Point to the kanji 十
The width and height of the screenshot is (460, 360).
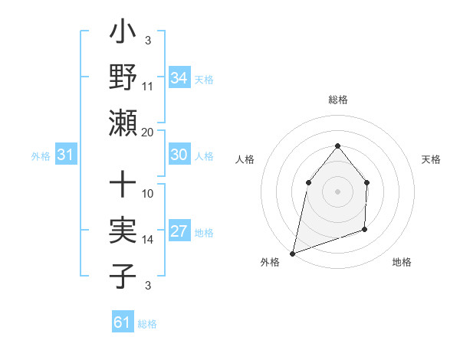click(123, 187)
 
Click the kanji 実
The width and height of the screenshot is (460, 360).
click(123, 231)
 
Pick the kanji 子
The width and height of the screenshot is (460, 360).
click(123, 276)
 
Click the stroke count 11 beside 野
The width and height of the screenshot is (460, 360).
click(148, 86)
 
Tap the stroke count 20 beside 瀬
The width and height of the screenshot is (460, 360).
click(148, 132)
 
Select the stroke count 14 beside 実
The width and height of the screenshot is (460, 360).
click(148, 240)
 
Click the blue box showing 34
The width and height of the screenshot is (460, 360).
click(179, 78)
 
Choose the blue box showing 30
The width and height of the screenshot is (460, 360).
click(179, 155)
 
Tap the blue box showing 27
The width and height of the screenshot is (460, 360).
click(179, 232)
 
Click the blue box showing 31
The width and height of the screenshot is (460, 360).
click(65, 155)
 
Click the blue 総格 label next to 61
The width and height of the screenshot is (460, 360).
click(147, 324)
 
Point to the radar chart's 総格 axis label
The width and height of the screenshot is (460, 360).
click(337, 100)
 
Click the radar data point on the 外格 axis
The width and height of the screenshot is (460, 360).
click(292, 253)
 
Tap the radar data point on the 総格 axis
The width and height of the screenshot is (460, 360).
click(337, 146)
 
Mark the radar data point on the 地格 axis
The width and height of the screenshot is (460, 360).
click(365, 229)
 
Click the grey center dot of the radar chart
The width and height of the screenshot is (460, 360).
click(337, 191)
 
